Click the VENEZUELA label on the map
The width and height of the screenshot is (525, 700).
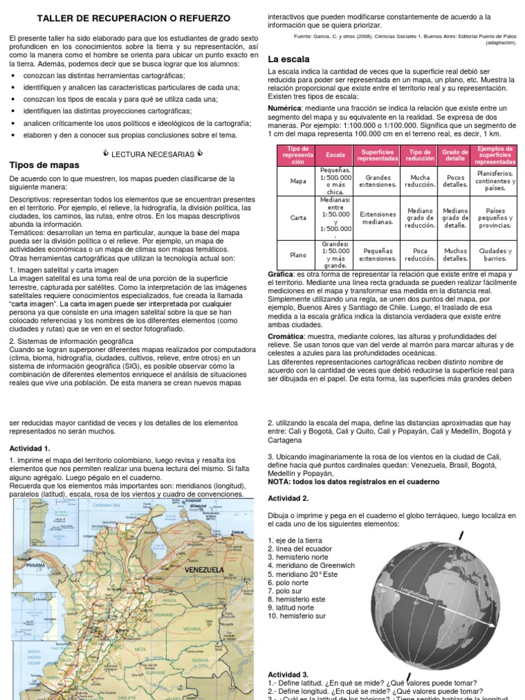click(206, 569)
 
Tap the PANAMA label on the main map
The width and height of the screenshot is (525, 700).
click(37, 566)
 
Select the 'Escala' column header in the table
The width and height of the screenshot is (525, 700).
click(336, 155)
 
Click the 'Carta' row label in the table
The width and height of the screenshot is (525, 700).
click(298, 217)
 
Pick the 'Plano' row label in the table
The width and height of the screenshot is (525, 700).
click(298, 255)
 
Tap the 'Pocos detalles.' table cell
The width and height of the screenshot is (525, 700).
click(455, 180)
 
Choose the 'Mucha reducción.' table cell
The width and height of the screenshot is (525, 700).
click(420, 180)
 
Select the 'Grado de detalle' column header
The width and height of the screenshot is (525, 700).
click(455, 155)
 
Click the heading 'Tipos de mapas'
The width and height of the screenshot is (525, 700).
click(44, 165)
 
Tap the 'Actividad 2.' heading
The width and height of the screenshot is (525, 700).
click(288, 498)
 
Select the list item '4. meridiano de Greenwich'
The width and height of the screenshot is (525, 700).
click(311, 565)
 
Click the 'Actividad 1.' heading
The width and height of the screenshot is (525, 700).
click(29, 448)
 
